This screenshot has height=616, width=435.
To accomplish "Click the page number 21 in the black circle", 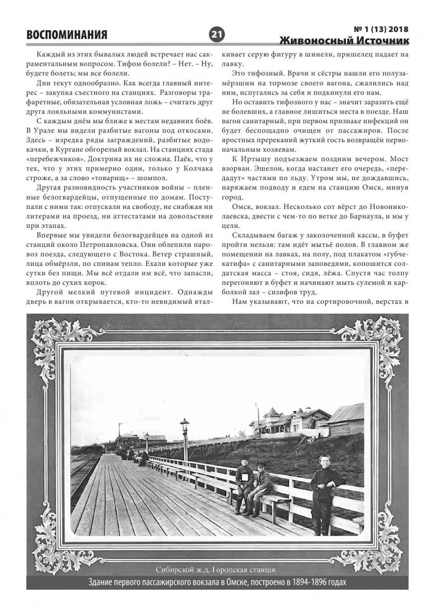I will point(216,34).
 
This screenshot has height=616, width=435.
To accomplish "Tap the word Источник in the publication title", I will point(380,41).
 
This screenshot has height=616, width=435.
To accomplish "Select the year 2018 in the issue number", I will point(397,29).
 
